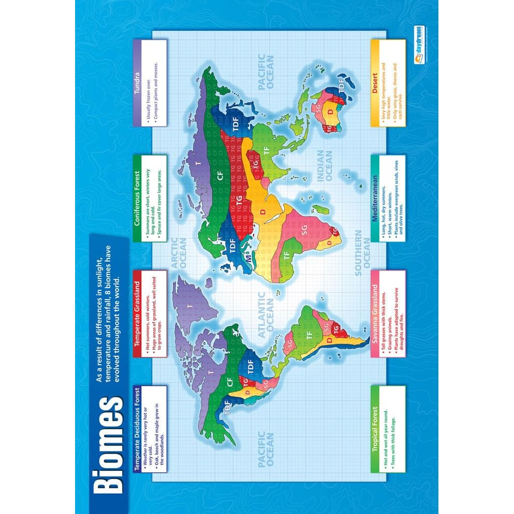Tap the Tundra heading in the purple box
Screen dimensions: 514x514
tap(138, 83)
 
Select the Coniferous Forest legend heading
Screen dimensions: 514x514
tap(138, 198)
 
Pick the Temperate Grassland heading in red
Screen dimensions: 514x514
tap(138, 313)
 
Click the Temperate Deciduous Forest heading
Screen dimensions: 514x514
tap(138, 427)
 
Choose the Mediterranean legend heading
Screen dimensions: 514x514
tap(375, 198)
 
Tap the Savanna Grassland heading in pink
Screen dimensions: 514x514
tap(375, 313)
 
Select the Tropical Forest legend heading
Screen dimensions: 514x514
tap(375, 427)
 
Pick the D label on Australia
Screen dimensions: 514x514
tap(329, 111)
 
